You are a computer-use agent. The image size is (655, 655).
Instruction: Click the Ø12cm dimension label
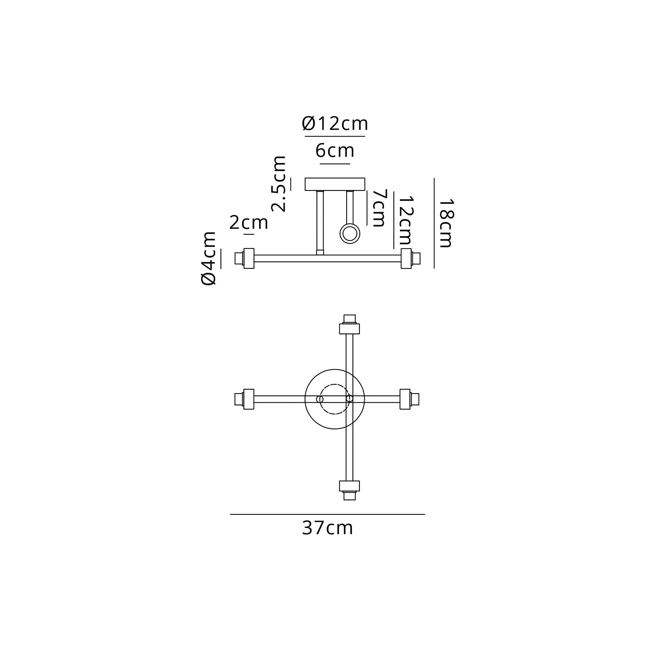pos(335,124)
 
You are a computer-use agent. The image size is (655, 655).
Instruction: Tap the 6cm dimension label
pos(335,151)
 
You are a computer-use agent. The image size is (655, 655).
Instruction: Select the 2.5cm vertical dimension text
pos(279,184)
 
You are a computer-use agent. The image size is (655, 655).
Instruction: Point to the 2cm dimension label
pos(249,223)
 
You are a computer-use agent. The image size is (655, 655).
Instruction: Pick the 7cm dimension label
pos(380,208)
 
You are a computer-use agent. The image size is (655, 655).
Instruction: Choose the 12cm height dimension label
pos(405,220)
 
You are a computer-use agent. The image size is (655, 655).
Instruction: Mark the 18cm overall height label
pos(446,223)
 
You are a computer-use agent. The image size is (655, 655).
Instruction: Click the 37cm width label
pos(327,528)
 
